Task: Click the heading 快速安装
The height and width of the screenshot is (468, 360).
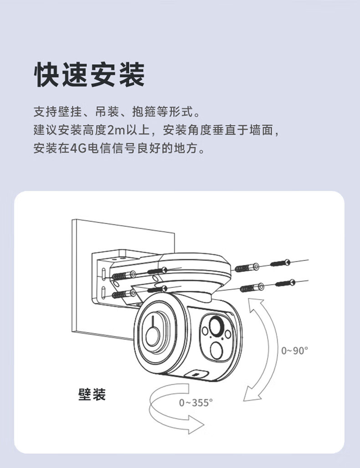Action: click(89, 74)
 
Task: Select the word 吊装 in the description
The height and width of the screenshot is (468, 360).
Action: click(107, 111)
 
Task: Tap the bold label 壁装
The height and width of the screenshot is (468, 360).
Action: click(91, 394)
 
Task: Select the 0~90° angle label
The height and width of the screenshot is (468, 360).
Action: click(294, 350)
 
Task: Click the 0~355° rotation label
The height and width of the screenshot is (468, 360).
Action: click(196, 403)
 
